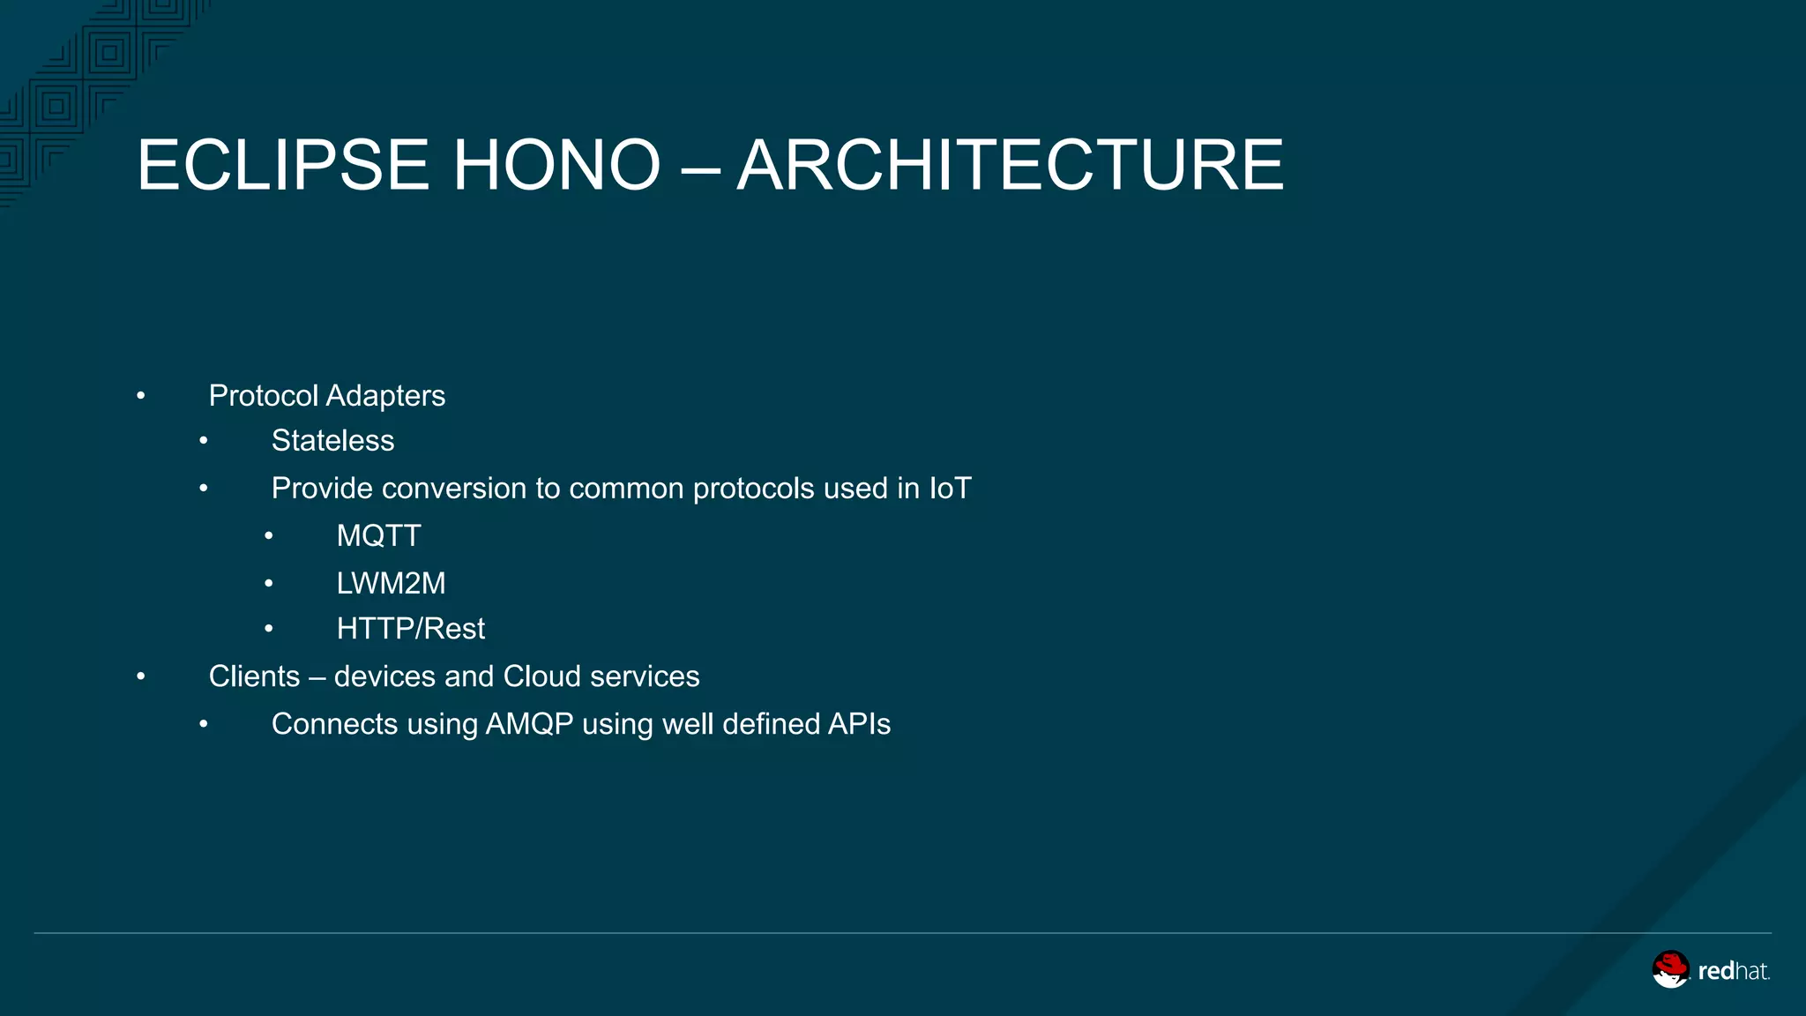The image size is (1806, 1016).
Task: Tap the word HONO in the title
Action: pyautogui.click(x=556, y=165)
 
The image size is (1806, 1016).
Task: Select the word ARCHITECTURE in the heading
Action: pyautogui.click(x=1010, y=165)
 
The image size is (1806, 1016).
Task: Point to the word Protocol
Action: pyautogui.click(x=263, y=396)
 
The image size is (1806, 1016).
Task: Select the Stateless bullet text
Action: pyautogui.click(x=332, y=441)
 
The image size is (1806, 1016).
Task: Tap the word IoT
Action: pyautogui.click(x=950, y=489)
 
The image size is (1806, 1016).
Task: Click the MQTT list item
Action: pyautogui.click(x=378, y=536)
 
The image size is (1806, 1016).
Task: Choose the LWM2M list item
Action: pyautogui.click(x=391, y=584)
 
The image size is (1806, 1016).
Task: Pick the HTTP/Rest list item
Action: pyautogui.click(x=410, y=629)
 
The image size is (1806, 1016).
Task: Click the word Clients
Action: pyautogui.click(x=254, y=676)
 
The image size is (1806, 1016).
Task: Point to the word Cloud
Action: pyautogui.click(x=542, y=676)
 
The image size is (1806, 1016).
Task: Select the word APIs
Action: pyautogui.click(x=859, y=724)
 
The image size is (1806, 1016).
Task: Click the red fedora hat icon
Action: pyautogui.click(x=1670, y=969)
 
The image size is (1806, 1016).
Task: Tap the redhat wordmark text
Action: pyautogui.click(x=1733, y=972)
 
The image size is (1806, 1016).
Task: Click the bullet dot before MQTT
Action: pyautogui.click(x=269, y=535)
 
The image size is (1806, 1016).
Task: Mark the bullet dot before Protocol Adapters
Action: pyautogui.click(x=141, y=396)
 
